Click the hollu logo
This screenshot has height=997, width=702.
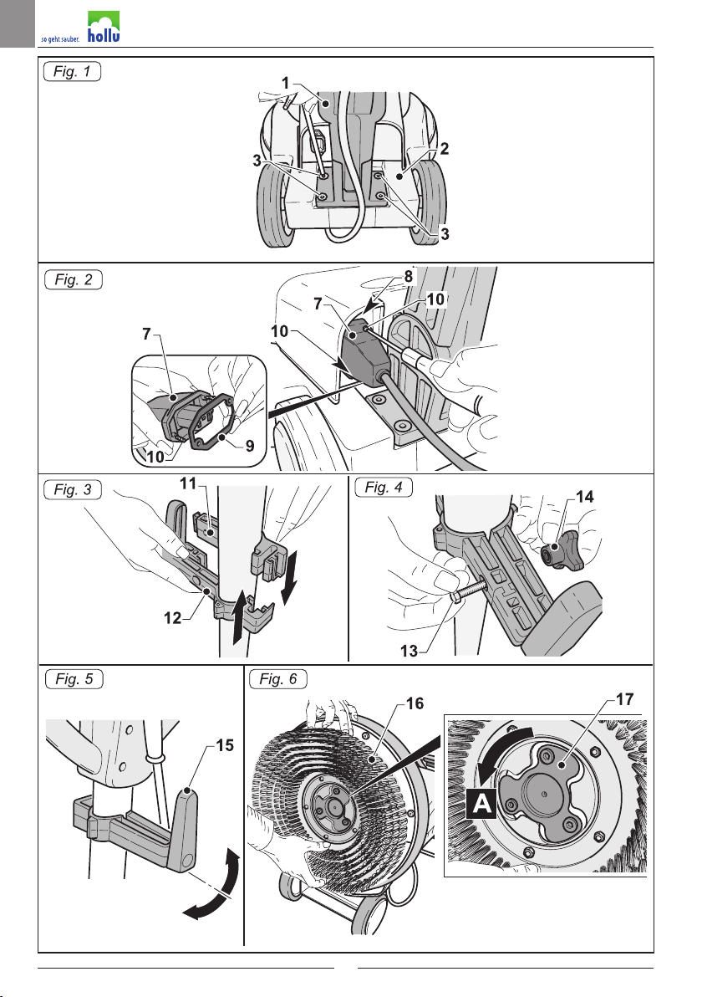pos(104,27)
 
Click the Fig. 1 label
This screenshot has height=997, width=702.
pos(72,71)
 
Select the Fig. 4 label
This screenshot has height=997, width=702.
pos(383,488)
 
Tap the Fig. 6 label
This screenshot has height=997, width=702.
pos(277,679)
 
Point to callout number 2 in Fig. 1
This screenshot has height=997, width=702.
pos(445,149)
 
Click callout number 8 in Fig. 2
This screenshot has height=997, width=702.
pos(409,277)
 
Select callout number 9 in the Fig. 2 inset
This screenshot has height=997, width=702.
pos(250,446)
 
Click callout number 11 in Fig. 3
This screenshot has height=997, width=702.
pos(188,484)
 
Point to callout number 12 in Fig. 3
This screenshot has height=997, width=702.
pos(173,617)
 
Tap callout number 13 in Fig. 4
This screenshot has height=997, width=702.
pos(409,651)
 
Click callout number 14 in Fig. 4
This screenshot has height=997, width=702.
pos(584,497)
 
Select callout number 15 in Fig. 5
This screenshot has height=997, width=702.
pos(225,745)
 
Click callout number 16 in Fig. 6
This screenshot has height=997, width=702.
pos(415,703)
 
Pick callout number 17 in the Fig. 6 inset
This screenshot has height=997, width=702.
pos(625,699)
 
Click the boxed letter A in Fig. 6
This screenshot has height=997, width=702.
pos(482,804)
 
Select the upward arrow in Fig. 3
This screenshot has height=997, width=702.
pos(239,619)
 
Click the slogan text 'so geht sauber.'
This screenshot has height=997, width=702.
pos(60,39)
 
